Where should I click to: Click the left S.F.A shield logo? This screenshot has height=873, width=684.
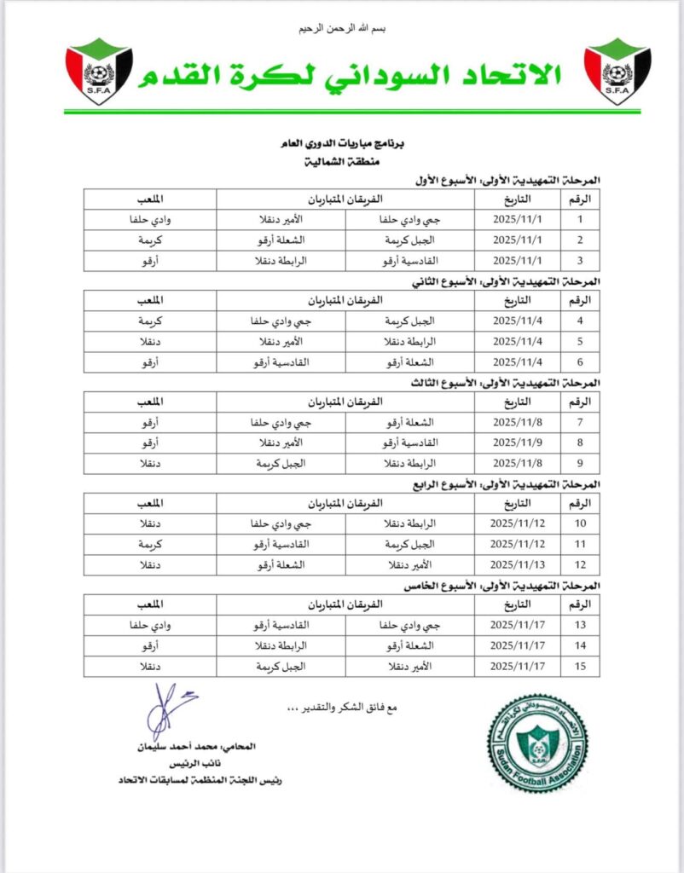tap(99, 71)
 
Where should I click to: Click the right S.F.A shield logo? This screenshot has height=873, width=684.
tap(617, 71)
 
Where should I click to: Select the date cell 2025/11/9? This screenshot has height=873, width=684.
tap(519, 442)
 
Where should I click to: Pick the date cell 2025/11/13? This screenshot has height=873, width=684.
tap(519, 564)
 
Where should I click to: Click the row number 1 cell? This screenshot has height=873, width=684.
tap(581, 219)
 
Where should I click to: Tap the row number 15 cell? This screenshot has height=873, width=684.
tap(581, 665)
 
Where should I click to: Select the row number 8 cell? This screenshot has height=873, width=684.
tap(581, 442)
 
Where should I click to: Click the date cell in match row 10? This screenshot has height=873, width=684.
tap(519, 523)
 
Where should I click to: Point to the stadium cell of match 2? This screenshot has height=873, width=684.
tap(150, 240)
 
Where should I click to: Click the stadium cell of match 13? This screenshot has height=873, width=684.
tap(150, 625)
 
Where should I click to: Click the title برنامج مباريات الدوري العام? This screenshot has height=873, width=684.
tap(341, 147)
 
